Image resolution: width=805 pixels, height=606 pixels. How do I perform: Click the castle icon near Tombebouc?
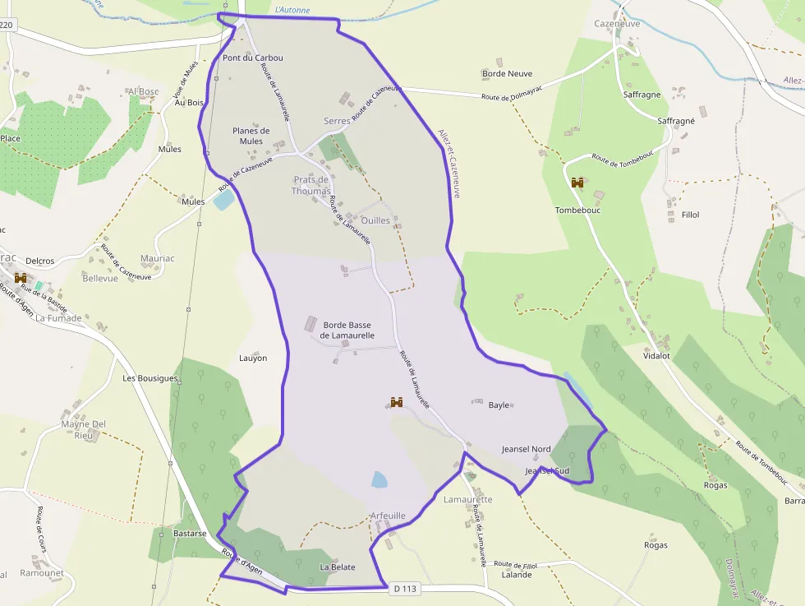coord(577,183)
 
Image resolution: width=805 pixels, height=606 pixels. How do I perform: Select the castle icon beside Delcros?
coord(21,278)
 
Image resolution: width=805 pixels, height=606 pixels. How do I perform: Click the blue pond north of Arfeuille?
coord(379,480)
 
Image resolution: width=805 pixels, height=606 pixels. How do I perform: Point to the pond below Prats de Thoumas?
coord(223,199)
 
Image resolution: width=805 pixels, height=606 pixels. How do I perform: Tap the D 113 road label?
coord(406,588)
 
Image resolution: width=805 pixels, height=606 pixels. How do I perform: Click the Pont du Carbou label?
coord(253,58)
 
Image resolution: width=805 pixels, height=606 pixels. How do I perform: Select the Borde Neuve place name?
coord(508,74)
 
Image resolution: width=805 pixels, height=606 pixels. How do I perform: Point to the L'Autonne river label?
coord(293,10)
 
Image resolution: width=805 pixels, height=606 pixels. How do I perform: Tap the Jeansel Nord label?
coord(527,449)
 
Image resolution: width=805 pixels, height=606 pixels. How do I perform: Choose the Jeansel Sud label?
coord(547,470)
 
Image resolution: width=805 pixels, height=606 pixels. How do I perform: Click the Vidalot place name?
coord(657,356)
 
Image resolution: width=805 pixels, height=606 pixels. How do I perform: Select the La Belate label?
coord(338,567)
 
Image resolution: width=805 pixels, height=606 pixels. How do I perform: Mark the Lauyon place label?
coord(253,358)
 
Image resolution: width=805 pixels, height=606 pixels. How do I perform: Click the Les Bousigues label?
coord(150,378)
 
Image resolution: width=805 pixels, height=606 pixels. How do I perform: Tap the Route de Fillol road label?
coord(516,565)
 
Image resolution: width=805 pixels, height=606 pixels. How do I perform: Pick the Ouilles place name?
coord(375,220)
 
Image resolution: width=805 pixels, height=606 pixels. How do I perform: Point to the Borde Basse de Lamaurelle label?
coord(347,330)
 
